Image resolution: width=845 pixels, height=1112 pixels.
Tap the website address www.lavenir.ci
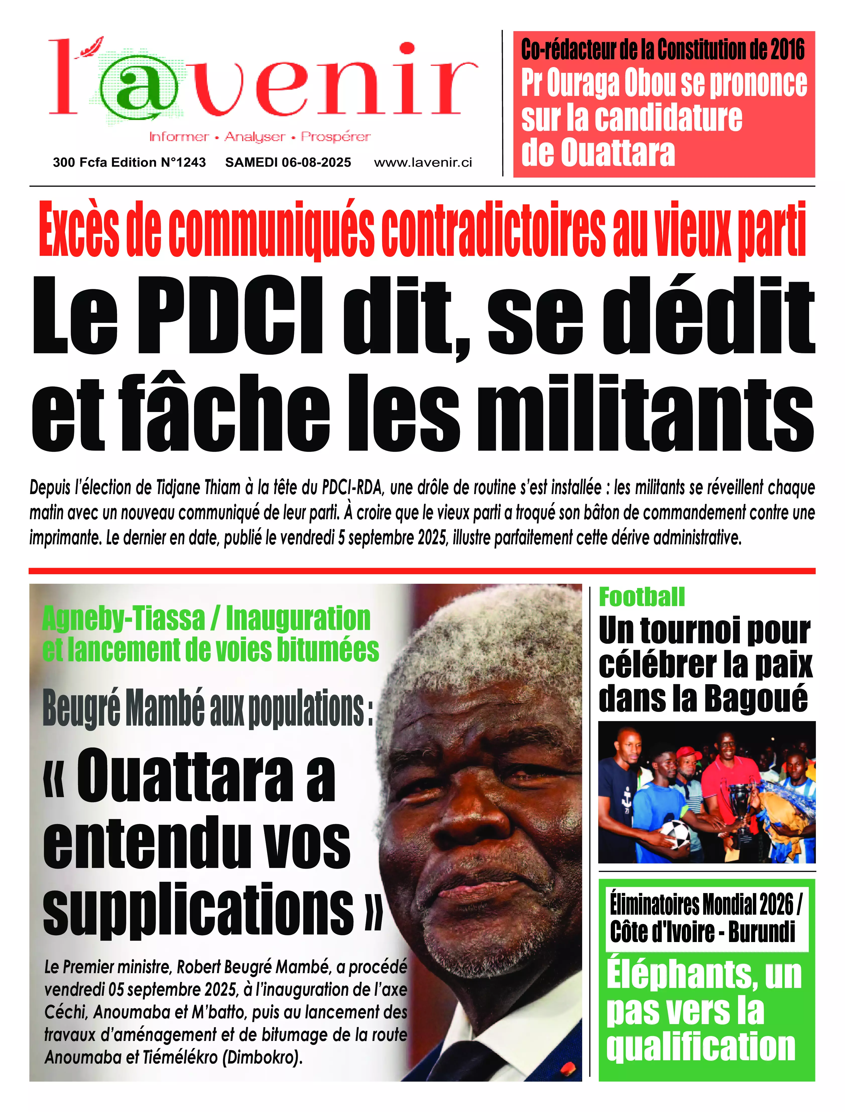[422, 162]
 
